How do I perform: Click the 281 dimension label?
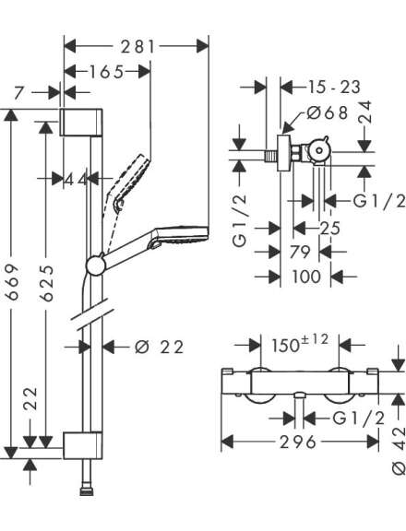[x=137, y=46]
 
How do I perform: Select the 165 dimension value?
[x=106, y=72]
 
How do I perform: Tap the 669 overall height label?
[x=13, y=282]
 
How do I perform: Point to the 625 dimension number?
[x=47, y=283]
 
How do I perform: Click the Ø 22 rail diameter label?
[x=160, y=348]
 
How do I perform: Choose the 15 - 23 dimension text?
[x=334, y=87]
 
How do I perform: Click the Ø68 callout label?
[x=327, y=112]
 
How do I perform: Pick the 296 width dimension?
[x=298, y=442]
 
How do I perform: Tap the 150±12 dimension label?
[x=300, y=344]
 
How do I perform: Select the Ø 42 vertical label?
[x=399, y=451]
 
